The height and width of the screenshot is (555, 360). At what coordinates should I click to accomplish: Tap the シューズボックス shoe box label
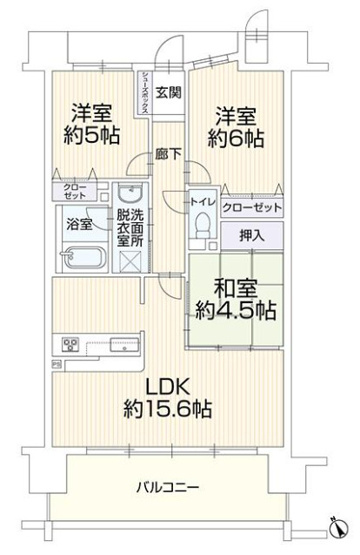click(145, 96)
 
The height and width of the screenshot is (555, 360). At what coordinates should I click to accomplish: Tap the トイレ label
click(202, 200)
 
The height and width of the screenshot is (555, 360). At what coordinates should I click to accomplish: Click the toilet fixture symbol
click(202, 226)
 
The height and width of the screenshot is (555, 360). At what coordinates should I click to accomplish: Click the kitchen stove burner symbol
click(70, 346)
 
